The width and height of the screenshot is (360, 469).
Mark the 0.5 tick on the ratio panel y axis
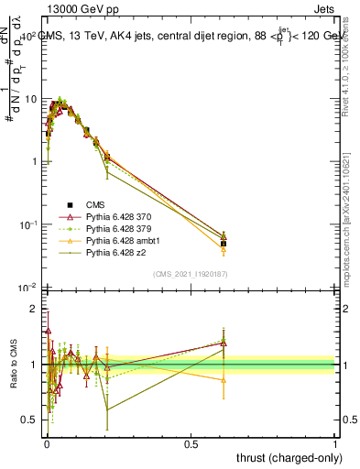[29, 420]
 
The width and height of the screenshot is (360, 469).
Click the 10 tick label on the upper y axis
[29, 99]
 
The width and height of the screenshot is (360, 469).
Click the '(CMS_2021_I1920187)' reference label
[190, 274]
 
